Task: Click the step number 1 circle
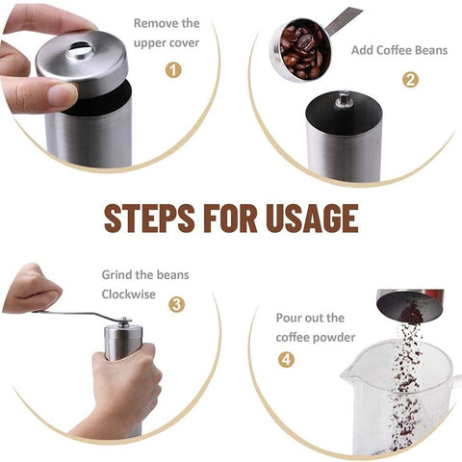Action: (173, 69)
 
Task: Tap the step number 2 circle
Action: (409, 79)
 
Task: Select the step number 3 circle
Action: (176, 304)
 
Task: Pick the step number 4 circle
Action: (287, 359)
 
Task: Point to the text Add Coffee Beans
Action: (398, 50)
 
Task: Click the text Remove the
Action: (167, 22)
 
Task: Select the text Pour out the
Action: (310, 318)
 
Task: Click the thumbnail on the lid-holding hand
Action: (63, 94)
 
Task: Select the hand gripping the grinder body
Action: (125, 380)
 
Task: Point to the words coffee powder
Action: (316, 337)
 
